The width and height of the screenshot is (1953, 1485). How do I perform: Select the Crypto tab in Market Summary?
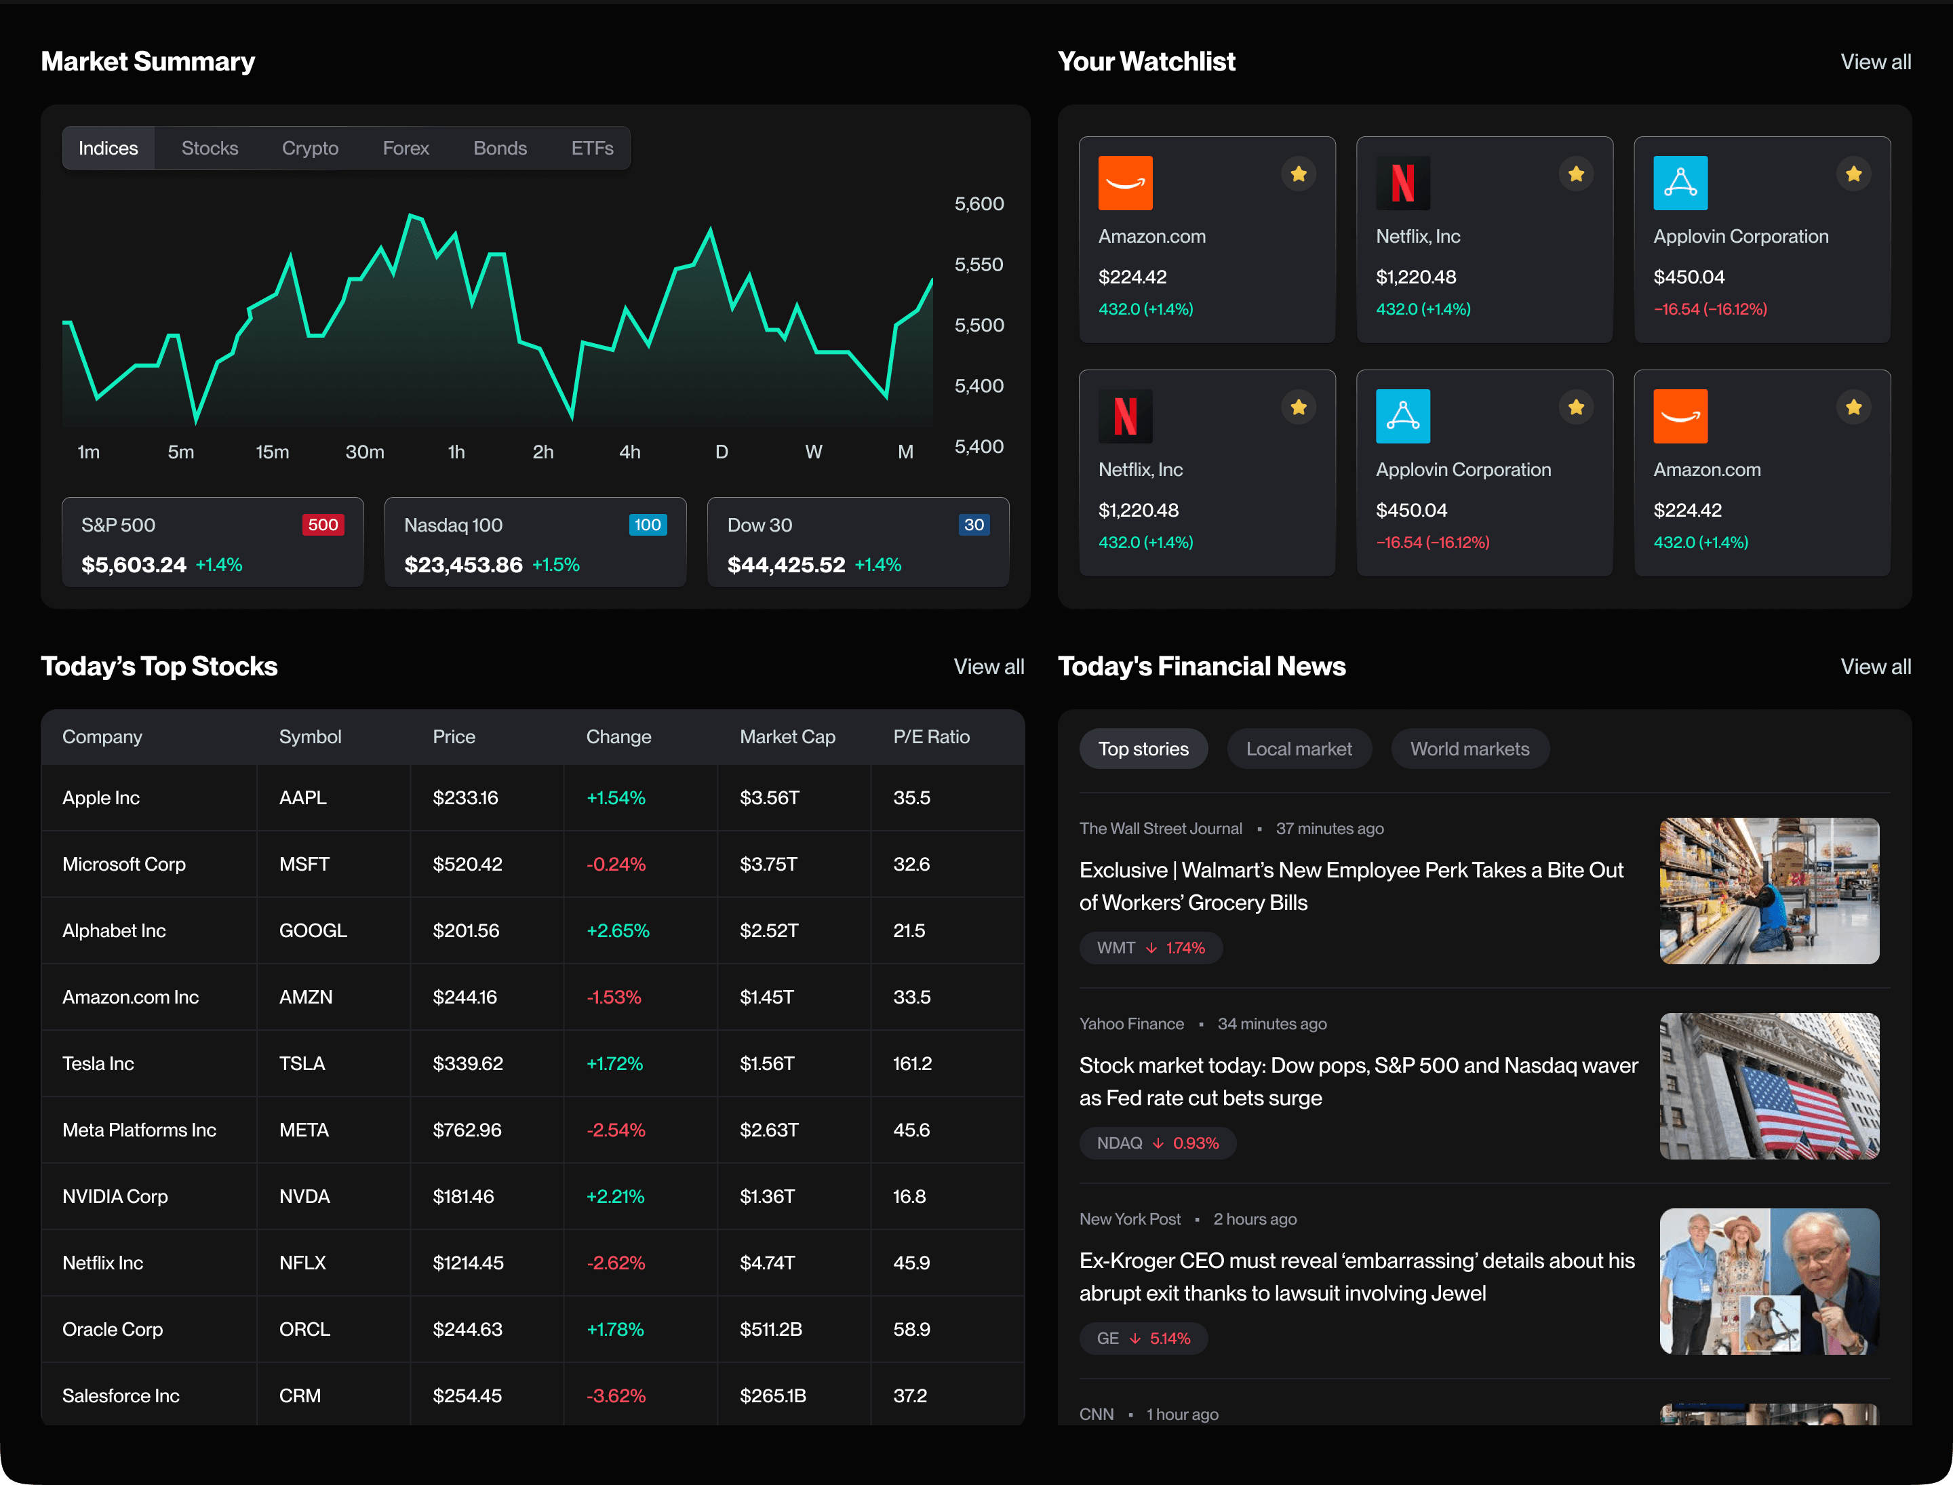309,148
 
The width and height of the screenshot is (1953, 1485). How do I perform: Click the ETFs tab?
591,148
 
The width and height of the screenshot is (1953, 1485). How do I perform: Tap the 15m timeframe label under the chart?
273,452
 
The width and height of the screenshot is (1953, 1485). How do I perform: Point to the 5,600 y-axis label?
979,204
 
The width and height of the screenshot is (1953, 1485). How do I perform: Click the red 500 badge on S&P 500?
323,525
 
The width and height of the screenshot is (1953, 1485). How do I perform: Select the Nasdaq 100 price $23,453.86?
463,565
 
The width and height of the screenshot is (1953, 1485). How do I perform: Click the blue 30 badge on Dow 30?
973,525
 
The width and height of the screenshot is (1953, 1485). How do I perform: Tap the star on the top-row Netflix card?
1575,174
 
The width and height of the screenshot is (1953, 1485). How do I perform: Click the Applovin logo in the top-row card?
1680,183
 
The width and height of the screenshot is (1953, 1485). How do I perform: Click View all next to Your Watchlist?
1875,62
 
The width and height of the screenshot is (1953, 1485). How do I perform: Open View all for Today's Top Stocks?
989,667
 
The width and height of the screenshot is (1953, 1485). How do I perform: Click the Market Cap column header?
787,736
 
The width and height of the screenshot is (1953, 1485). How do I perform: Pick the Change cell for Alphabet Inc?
618,931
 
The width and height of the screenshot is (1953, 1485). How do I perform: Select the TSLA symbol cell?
302,1063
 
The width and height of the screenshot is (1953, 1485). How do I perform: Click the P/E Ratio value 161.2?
912,1063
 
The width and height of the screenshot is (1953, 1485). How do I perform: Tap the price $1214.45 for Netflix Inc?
468,1263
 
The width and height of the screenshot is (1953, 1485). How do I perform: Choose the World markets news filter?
1469,749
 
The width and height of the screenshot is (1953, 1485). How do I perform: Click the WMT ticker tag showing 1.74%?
1150,947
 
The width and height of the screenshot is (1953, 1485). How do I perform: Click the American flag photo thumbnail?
1769,1086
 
